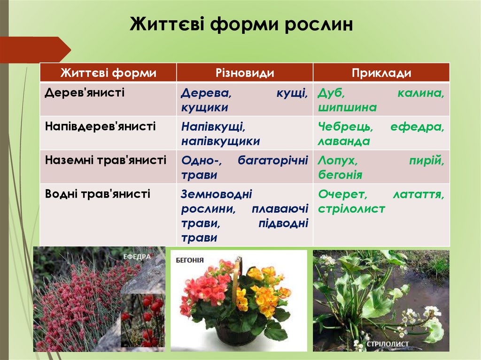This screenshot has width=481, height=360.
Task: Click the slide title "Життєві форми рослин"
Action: pos(240,24)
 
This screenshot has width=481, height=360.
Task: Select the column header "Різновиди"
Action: pos(244,73)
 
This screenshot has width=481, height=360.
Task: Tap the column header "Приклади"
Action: pos(381,73)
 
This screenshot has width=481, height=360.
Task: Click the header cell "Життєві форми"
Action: pos(108,73)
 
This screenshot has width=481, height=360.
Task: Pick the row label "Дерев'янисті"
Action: pos(85,92)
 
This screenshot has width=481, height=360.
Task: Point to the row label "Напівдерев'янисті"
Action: pos(100,126)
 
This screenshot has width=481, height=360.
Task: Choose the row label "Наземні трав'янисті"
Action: pos(106,160)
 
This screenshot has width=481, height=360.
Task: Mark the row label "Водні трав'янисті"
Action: pos(97,193)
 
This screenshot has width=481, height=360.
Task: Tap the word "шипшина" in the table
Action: pos(347,107)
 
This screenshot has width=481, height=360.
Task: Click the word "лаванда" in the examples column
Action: pos(344,141)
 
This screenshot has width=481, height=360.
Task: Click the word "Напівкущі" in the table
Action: pos(213,127)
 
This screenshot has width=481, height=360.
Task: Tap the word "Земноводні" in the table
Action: pos(217,194)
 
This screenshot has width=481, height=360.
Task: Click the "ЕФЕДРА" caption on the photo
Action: pos(137,257)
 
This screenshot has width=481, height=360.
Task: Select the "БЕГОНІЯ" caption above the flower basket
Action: pos(190,260)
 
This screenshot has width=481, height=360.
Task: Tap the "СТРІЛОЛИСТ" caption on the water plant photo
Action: pos(388,345)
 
